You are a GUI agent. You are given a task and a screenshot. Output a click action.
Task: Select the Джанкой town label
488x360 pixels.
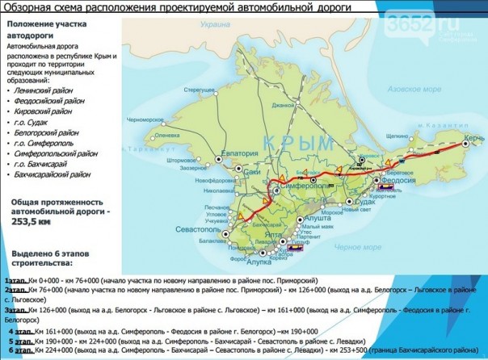click(x=282, y=105)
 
